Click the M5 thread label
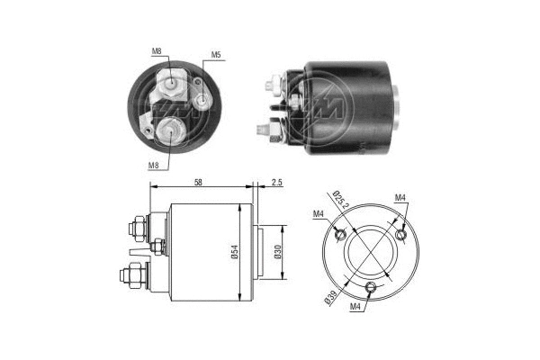(216, 54)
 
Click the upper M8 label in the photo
(157, 51)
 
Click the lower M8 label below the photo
(153, 166)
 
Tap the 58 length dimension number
(198, 182)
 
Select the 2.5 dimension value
(276, 182)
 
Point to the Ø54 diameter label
(235, 252)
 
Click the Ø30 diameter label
(278, 252)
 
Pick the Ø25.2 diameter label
(341, 200)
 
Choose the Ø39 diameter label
(330, 297)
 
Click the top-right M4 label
(400, 198)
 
